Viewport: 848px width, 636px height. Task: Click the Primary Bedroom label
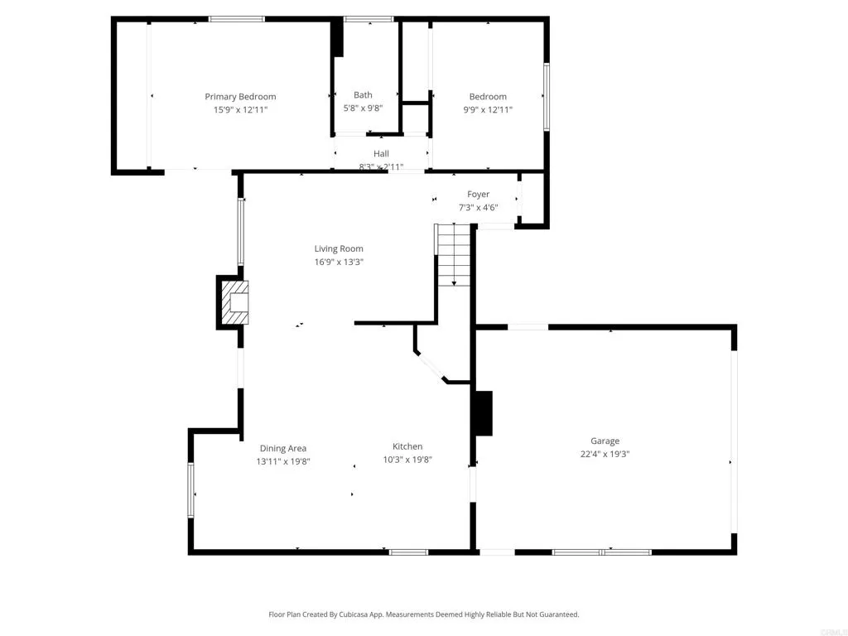click(x=240, y=97)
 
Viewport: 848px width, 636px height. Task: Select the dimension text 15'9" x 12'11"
click(x=240, y=109)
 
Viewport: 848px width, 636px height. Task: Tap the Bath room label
click(x=363, y=95)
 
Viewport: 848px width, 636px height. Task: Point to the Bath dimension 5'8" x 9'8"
click(x=363, y=108)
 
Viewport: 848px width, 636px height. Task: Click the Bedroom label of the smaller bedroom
click(x=487, y=97)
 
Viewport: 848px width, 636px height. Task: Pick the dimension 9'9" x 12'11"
click(x=487, y=109)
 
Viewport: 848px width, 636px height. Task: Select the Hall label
click(x=381, y=154)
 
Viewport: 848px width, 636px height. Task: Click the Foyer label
click(x=478, y=195)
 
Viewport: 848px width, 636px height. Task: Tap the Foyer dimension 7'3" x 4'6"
click(x=478, y=207)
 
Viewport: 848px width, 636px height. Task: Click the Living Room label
click(x=338, y=248)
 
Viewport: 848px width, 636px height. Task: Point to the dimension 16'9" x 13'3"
click(x=338, y=262)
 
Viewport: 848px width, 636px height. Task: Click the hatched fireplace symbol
click(x=234, y=303)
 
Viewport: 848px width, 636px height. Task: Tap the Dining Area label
click(x=283, y=448)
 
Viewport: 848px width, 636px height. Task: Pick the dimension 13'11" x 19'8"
click(x=283, y=461)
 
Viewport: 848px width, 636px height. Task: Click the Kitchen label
click(x=407, y=446)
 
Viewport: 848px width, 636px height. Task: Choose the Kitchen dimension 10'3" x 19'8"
click(x=407, y=460)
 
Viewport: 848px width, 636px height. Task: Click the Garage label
click(x=605, y=441)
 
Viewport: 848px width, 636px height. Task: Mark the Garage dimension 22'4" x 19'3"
click(x=605, y=454)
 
